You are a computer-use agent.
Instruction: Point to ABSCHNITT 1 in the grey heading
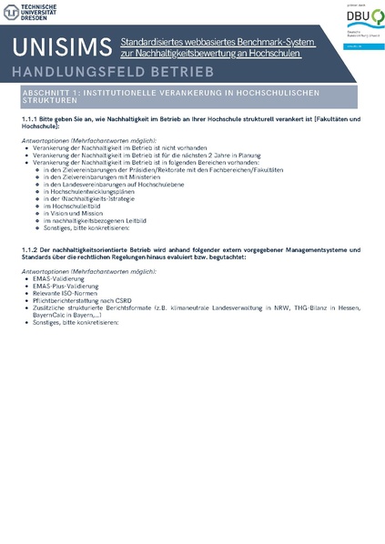point(59,93)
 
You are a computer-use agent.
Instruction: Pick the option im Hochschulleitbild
point(76,206)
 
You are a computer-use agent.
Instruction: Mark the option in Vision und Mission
point(78,213)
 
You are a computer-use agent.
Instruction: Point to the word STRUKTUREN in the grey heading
point(52,101)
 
